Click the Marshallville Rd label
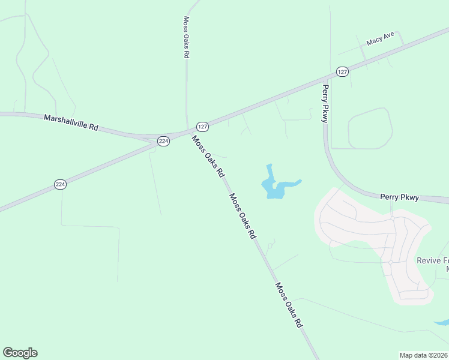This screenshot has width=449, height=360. pyautogui.click(x=71, y=122)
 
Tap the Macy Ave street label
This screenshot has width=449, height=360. pyautogui.click(x=380, y=40)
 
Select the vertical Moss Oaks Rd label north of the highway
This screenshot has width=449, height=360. pyautogui.click(x=186, y=37)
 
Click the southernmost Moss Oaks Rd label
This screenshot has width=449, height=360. pyautogui.click(x=288, y=305)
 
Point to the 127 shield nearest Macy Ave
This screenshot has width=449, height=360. pyautogui.click(x=342, y=71)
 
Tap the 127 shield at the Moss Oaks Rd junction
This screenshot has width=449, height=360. pyautogui.click(x=202, y=127)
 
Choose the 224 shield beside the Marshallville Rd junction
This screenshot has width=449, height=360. pyautogui.click(x=163, y=141)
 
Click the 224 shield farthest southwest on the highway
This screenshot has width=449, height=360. pyautogui.click(x=59, y=184)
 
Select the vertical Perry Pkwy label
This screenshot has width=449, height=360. pyautogui.click(x=325, y=103)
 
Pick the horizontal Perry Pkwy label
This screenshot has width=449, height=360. pyautogui.click(x=403, y=196)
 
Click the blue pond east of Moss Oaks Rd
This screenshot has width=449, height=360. pyautogui.click(x=274, y=188)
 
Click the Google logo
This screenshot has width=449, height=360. pyautogui.click(x=20, y=352)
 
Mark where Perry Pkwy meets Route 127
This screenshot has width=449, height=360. pyautogui.click(x=327, y=78)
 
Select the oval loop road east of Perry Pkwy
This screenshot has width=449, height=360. pyautogui.click(x=370, y=128)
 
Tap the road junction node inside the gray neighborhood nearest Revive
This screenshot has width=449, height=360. pyautogui.click(x=390, y=262)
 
